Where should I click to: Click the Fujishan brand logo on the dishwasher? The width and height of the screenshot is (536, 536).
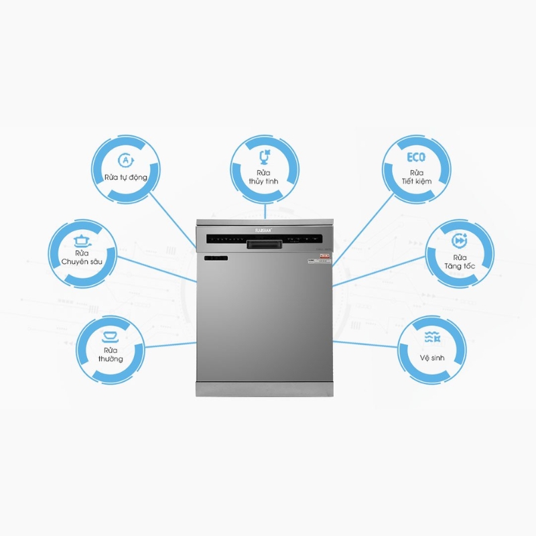(x=264, y=228)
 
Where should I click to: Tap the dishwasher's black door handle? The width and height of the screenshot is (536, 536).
(x=263, y=245)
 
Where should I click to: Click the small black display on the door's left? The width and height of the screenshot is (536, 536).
(x=216, y=258)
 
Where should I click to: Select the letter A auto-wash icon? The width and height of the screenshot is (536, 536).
(x=125, y=160)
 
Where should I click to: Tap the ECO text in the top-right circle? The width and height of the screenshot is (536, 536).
(x=416, y=158)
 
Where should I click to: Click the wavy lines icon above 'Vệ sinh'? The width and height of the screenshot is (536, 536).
(x=433, y=338)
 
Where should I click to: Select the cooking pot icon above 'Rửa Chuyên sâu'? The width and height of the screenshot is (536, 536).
(x=82, y=239)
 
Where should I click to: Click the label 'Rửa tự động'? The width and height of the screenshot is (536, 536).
(x=125, y=178)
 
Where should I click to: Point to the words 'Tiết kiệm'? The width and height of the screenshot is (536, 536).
(x=417, y=181)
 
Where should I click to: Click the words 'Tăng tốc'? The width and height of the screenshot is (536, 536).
(x=460, y=266)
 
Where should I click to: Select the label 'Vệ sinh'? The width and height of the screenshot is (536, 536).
(x=433, y=358)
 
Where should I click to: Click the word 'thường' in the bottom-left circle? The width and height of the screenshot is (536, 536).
(x=110, y=359)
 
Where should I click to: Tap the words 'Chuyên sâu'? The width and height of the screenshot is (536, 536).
(x=82, y=262)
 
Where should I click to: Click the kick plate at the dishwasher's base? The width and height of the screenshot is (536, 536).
(x=264, y=389)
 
